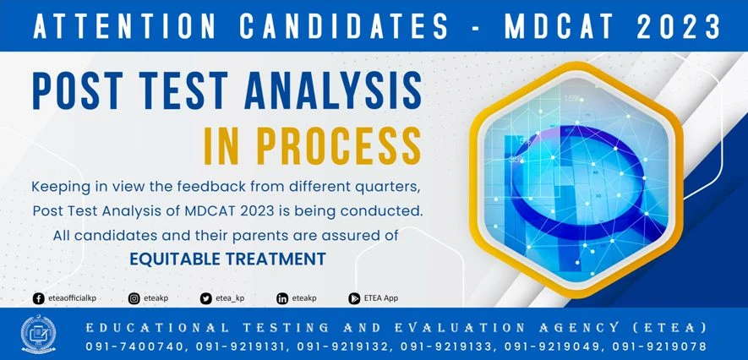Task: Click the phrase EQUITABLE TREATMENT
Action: [227, 259]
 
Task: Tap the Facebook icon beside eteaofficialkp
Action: [38, 298]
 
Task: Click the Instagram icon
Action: [134, 298]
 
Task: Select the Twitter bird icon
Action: [205, 298]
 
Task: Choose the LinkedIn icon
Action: [282, 298]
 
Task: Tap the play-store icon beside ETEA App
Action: [355, 298]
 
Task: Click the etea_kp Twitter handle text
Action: [230, 298]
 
